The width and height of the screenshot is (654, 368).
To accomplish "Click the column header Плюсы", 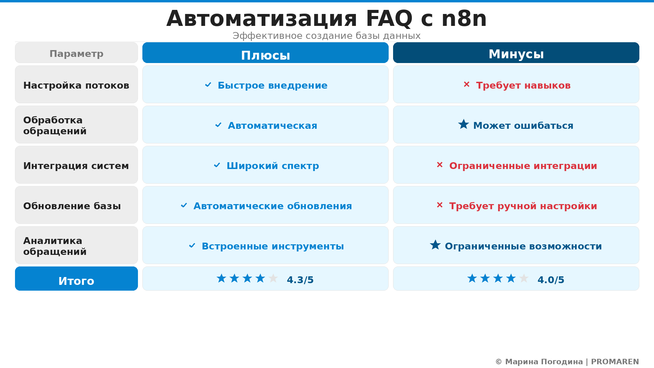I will pos(265,55).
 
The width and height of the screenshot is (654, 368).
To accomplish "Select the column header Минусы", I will pos(516,54).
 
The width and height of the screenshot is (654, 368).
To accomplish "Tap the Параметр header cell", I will pos(76,53).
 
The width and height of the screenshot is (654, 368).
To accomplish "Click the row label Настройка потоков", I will pos(76,85).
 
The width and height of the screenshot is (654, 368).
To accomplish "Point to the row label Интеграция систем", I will pos(76,166).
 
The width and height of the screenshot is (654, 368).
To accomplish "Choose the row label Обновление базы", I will pos(72,206).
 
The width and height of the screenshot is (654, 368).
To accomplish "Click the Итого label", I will pos(76,281).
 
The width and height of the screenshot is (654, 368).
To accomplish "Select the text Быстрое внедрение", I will pos(272,85).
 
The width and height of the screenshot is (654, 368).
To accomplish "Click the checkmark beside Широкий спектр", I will pos(217,165).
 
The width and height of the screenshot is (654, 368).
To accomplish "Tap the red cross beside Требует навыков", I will pos(467,84).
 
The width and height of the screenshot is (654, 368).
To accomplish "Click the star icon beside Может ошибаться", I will pos(464,124).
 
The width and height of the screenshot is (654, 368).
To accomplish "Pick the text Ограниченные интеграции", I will pos(523,166).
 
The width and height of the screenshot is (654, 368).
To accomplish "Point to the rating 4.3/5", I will pos(300,280).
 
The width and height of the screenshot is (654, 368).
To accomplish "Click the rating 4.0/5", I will pos(551,280).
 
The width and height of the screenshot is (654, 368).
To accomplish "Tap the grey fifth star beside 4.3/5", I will pos(273,278).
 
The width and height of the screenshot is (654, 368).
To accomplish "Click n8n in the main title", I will pos(464,18).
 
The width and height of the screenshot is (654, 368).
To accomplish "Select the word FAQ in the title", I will pos(389,18).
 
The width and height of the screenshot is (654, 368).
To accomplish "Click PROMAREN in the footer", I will pos(615,362).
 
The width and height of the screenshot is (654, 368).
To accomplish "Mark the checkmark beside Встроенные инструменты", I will pos(192,246).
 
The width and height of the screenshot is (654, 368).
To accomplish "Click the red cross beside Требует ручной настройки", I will pos(440,205).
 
